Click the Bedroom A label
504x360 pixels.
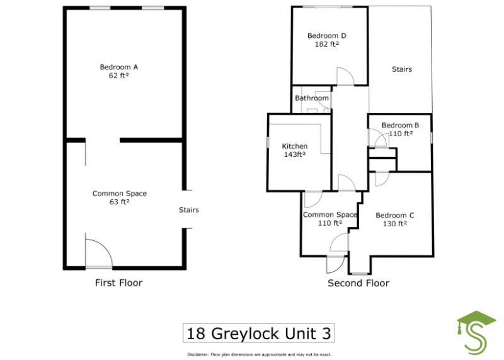pos(119,67)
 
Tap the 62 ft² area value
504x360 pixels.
pos(119,75)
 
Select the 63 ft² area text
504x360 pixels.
pos(119,202)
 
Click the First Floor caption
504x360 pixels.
pos(118,282)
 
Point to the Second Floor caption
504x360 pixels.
pos(358,283)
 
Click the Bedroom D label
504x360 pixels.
pos(327,36)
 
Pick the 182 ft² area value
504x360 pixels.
pos(327,44)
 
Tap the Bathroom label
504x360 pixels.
pos(312,98)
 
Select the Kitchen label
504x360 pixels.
pos(294,146)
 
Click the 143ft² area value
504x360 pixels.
pos(294,154)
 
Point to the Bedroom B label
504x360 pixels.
pos(400,125)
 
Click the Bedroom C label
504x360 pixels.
pos(394,215)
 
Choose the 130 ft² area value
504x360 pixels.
pos(394,223)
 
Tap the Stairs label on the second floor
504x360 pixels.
pos(401,69)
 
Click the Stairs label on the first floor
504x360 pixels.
pos(189,210)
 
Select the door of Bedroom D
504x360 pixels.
pos(345,76)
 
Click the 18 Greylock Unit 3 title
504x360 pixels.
pos(258,332)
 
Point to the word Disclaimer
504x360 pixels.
pos(201,354)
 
